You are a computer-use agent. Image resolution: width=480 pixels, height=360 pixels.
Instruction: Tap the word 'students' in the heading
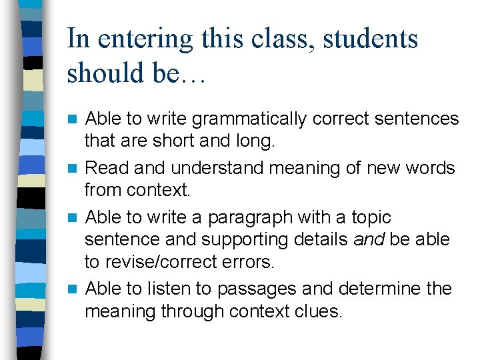pyautogui.click(x=371, y=39)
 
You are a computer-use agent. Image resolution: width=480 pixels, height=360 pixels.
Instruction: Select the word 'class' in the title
pyautogui.click(x=277, y=39)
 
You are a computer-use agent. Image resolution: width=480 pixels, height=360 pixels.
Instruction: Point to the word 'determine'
pyautogui.click(x=374, y=289)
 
